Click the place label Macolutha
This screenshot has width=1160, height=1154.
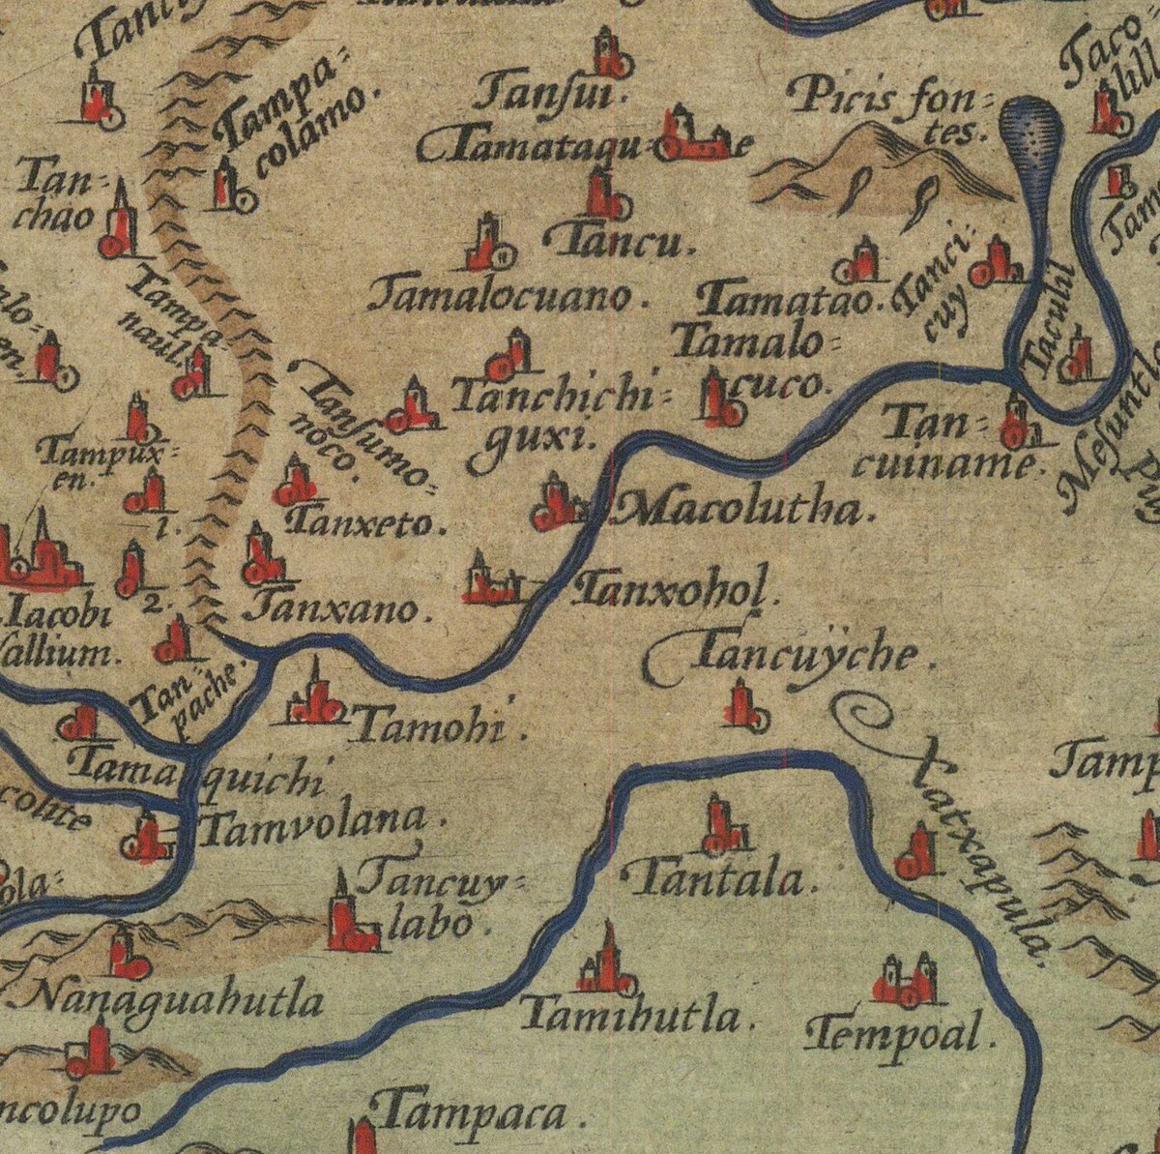point(744,507)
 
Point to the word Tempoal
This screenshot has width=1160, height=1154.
point(899,1032)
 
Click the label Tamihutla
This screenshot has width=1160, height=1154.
point(635,1016)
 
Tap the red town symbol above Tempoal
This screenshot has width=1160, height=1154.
point(906,981)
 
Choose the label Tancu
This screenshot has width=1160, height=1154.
point(619,242)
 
